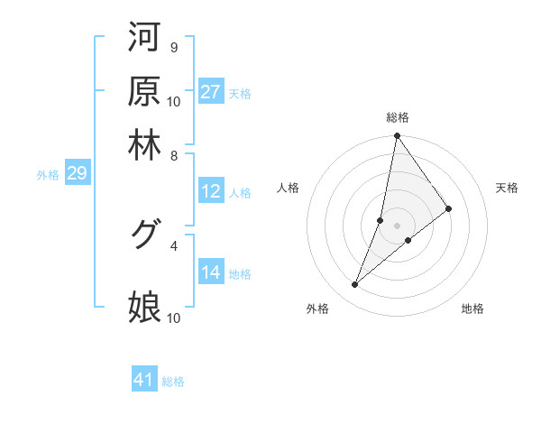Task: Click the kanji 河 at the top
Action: pos(144,38)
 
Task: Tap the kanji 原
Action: pos(144,91)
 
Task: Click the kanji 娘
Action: pos(144,307)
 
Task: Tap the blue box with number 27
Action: pos(211,92)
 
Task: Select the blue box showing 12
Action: pos(211,191)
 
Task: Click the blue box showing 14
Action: pos(211,273)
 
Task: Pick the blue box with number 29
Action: pos(77,174)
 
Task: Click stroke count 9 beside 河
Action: pos(173,47)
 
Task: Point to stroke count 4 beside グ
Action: pos(173,244)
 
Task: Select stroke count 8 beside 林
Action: pos(173,155)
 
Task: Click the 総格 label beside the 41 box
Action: pos(173,382)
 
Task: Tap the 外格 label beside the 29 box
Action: pos(48,175)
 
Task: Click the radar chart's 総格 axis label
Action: pos(398,117)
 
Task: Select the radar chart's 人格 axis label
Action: pos(289,188)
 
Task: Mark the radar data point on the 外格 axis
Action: pos(355,285)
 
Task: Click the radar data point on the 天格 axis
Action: pos(449,209)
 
